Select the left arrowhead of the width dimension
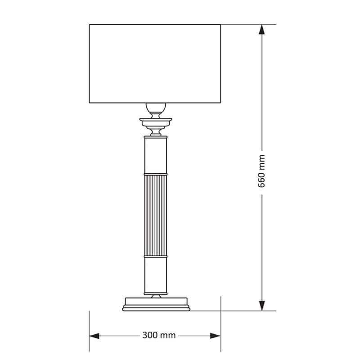[94, 336]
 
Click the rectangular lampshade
[155, 63]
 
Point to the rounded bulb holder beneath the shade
[155, 108]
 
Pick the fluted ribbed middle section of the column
[155, 214]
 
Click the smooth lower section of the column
[155, 274]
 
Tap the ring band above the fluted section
[155, 173]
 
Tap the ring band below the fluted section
[155, 256]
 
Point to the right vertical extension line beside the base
[220, 324]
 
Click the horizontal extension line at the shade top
[247, 24]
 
